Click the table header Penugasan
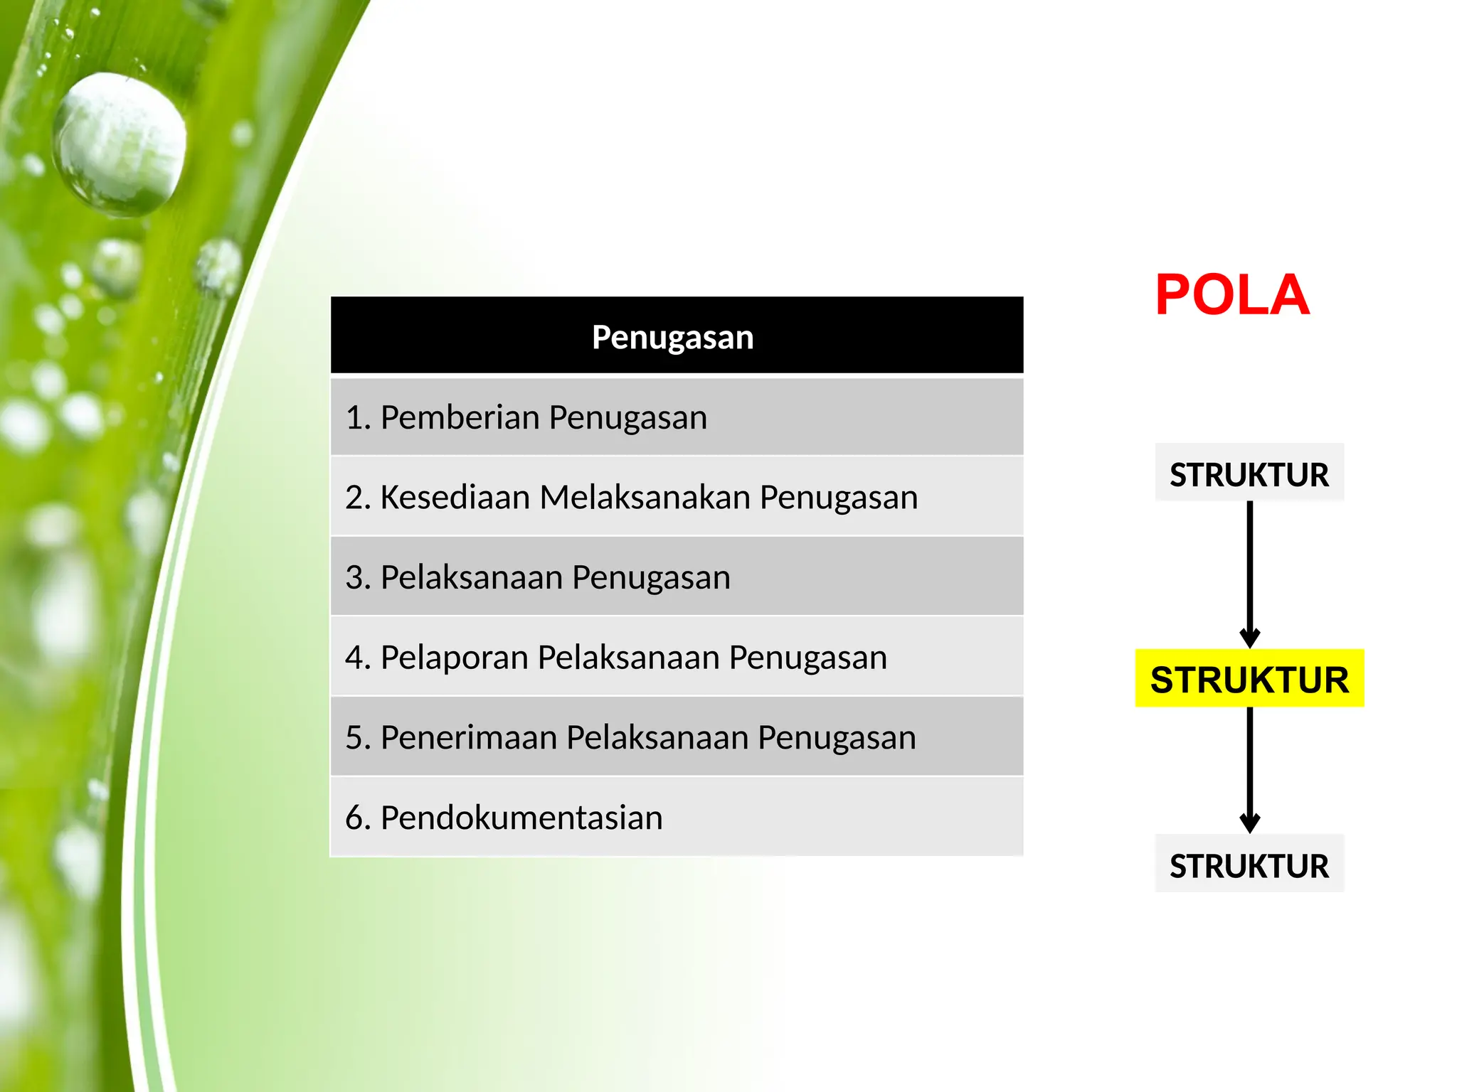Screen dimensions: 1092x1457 tap(672, 336)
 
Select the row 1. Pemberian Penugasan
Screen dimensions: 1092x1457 tap(676, 417)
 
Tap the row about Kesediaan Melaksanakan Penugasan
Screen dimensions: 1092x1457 tap(676, 497)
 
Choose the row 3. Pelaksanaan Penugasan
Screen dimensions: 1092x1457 tap(676, 577)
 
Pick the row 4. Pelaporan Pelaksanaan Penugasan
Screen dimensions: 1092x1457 tap(676, 657)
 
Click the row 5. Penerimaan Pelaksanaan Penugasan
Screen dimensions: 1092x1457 tap(676, 737)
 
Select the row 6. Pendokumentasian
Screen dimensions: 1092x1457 tap(676, 818)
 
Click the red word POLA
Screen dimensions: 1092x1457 tap(1231, 295)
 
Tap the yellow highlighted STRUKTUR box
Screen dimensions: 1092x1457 tap(1249, 679)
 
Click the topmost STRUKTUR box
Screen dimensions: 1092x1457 tap(1249, 474)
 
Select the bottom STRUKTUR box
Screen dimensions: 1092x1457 tap(1249, 865)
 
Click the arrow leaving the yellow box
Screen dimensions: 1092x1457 tap(1249, 768)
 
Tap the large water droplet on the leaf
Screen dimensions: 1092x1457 tap(120, 144)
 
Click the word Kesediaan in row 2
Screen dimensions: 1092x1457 tap(455, 497)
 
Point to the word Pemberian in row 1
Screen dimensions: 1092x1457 tap(460, 417)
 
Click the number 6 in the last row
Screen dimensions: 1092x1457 tap(354, 818)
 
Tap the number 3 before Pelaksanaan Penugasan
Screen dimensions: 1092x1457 tap(354, 577)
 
